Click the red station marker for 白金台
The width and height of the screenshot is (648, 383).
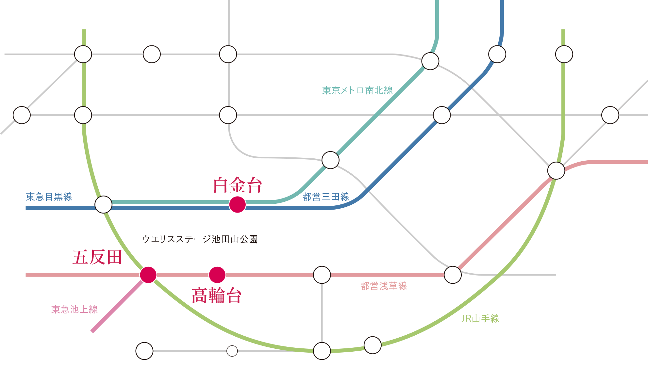click(x=237, y=204)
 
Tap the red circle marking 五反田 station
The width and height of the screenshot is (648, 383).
click(x=148, y=275)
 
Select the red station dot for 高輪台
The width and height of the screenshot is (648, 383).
click(x=217, y=275)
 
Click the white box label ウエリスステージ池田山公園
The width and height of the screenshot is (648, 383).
click(x=200, y=239)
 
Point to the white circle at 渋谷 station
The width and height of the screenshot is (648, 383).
click(x=83, y=54)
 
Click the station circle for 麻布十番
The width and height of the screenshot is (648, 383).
click(x=330, y=160)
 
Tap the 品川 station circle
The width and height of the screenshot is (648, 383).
click(x=322, y=351)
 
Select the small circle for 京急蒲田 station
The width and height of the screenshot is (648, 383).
click(x=232, y=351)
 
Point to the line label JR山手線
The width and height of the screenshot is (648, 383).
click(x=480, y=318)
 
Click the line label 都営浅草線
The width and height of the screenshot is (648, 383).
click(x=384, y=286)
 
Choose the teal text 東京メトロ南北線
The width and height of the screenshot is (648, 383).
click(x=357, y=90)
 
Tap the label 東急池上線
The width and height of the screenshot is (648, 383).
click(x=75, y=309)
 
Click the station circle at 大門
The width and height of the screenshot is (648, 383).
click(x=453, y=275)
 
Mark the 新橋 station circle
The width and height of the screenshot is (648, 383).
click(x=556, y=170)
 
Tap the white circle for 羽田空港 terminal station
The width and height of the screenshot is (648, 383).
click(x=144, y=351)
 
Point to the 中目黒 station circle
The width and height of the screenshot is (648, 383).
click(x=22, y=115)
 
